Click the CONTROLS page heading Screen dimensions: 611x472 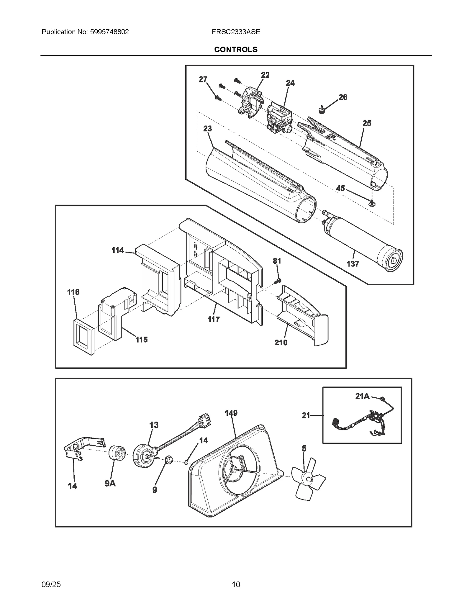(x=236, y=50)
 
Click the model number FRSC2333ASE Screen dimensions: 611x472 (x=236, y=32)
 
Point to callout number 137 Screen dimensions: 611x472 (x=353, y=264)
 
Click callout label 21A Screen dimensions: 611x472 (x=362, y=396)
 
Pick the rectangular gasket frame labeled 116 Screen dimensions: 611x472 (x=83, y=336)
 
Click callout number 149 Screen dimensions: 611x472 (x=231, y=413)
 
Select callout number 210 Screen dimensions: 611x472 (x=281, y=343)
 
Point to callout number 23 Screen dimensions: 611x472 (x=207, y=129)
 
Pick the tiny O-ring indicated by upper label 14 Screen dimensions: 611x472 (x=186, y=463)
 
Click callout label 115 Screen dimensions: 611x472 (x=141, y=340)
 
